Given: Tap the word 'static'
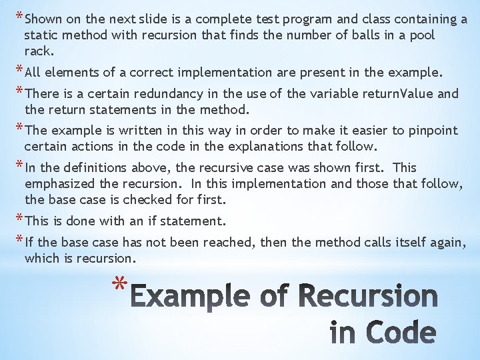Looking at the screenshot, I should [41, 35].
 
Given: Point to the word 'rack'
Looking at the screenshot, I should [37, 51].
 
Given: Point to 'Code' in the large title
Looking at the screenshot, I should [398, 334].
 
